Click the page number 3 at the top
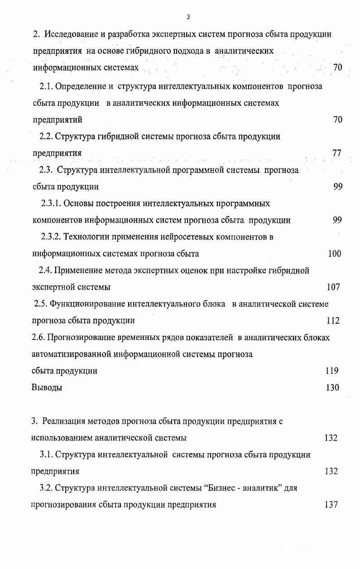pyautogui.click(x=188, y=17)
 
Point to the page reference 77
pyautogui.click(x=336, y=153)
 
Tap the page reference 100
pyautogui.click(x=334, y=253)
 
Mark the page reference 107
pyautogui.click(x=333, y=287)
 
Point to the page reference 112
pyautogui.click(x=333, y=320)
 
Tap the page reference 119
pyautogui.click(x=332, y=371)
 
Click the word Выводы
pyautogui.click(x=47, y=387)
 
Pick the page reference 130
pyautogui.click(x=332, y=387)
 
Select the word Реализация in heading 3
pyautogui.click(x=64, y=421)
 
